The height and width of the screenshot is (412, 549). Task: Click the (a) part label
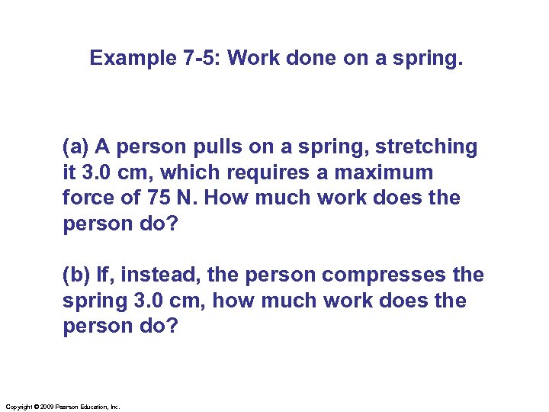pyautogui.click(x=77, y=146)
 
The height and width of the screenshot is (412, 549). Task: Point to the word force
pyautogui.click(x=89, y=198)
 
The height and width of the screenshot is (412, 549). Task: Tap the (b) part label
pyautogui.click(x=77, y=275)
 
